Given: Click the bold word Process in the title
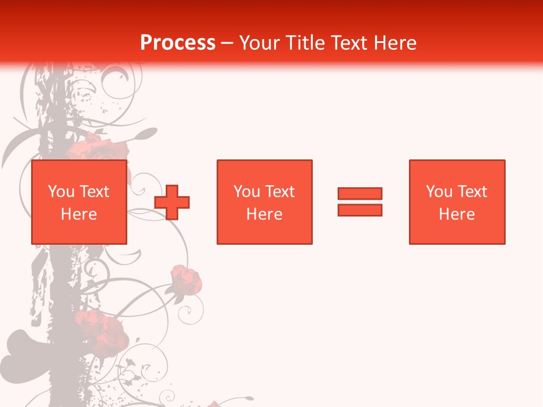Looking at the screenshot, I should point(178,43).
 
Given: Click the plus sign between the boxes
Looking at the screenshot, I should point(172,202).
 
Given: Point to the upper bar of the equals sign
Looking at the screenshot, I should point(360,193).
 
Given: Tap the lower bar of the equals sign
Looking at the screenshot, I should point(360,210).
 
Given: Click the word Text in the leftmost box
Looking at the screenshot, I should point(94,192).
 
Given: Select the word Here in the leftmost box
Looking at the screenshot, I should point(79,214).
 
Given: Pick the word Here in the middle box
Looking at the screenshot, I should point(264,214).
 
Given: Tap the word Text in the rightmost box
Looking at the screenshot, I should point(472,192).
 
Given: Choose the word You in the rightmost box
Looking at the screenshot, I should point(439,192).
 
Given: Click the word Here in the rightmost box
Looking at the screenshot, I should point(456,214).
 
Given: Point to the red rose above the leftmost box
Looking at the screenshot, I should point(96,148).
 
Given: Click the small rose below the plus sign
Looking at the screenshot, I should point(186,280).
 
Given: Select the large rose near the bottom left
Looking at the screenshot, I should point(101,331).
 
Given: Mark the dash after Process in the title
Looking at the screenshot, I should point(227,43).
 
